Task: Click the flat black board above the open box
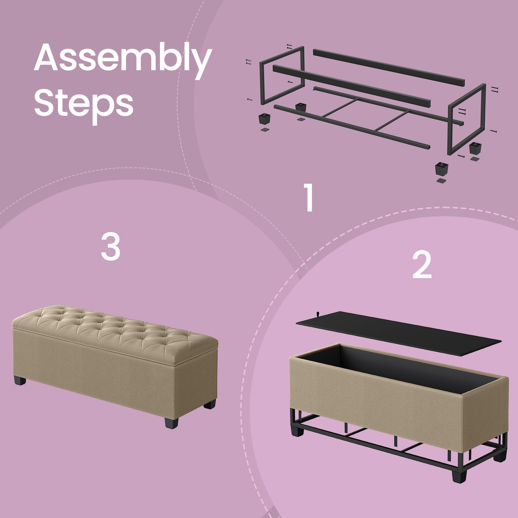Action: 398,334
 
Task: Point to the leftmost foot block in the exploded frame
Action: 264,119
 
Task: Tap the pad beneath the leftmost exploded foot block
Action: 265,130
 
